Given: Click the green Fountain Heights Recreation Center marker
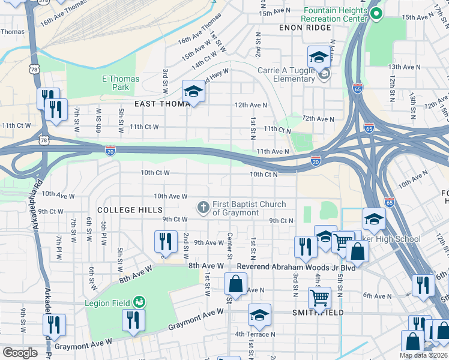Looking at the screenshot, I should (376, 13).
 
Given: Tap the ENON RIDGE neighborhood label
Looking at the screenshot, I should (305, 28).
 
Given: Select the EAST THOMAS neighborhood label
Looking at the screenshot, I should (163, 104).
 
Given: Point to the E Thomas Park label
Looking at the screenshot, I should (120, 83).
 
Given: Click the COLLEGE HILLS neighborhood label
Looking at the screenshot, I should (130, 210).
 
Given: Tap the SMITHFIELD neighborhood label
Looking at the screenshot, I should (318, 313).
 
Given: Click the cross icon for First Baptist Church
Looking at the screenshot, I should (203, 208).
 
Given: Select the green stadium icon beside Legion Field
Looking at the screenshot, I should (139, 300).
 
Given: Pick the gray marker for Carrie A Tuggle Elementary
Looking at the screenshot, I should (324, 74).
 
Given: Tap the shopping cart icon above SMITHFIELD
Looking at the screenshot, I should (319, 296).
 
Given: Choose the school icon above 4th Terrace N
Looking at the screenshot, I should (259, 314).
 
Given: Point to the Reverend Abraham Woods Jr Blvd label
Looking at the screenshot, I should (296, 266).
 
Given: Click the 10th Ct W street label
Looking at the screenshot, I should (155, 173).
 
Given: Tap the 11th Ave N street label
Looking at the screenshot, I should (273, 152).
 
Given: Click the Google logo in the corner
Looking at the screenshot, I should (20, 353).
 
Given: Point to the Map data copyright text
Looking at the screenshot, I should (423, 355).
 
